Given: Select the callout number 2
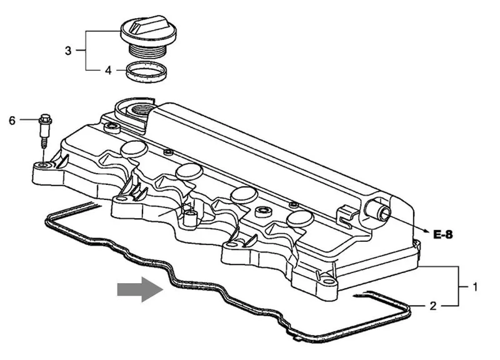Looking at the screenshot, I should coord(432,306).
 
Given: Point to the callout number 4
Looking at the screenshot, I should coord(108,70).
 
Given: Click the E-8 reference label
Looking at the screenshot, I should coord(442,234).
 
